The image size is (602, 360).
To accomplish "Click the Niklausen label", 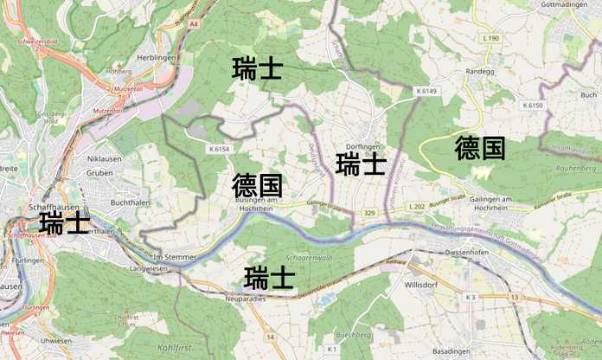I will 105,158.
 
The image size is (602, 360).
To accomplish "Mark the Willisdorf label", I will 422,282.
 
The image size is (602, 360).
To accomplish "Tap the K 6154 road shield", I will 219,149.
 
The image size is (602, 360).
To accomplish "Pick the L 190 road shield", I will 489,39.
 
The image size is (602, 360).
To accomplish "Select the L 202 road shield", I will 418,207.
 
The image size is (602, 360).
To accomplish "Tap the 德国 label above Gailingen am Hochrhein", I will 479,148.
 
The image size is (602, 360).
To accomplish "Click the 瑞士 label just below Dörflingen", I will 361,164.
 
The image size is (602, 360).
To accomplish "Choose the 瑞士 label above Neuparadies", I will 269,278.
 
